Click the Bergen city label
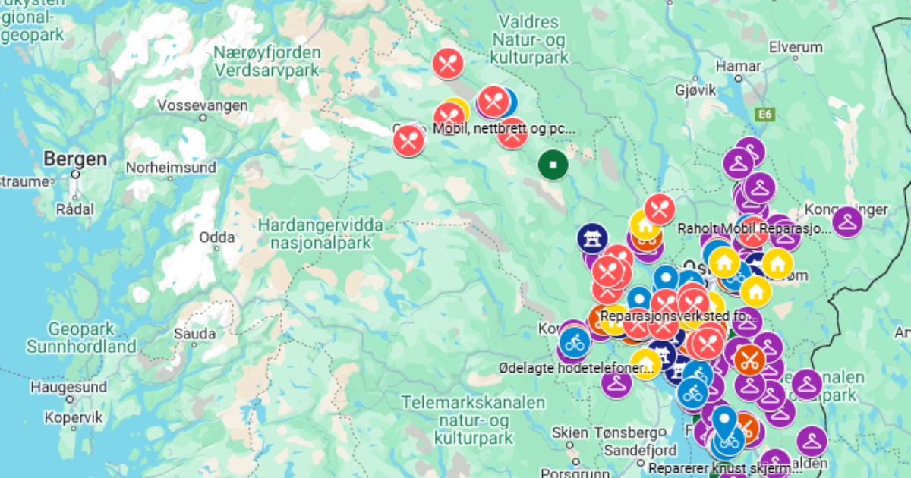coord(75,159)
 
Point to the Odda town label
coord(216,236)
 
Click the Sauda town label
coord(194,334)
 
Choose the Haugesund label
coord(68,387)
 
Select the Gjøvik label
coord(695,90)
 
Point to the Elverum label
coord(796,47)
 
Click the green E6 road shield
coord(765,114)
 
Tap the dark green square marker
coord(553,164)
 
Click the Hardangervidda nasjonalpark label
coord(320,234)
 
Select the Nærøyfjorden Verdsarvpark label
coord(266,61)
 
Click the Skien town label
coord(569,432)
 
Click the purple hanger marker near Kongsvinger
coord(846,222)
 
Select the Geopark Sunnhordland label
coord(81,338)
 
